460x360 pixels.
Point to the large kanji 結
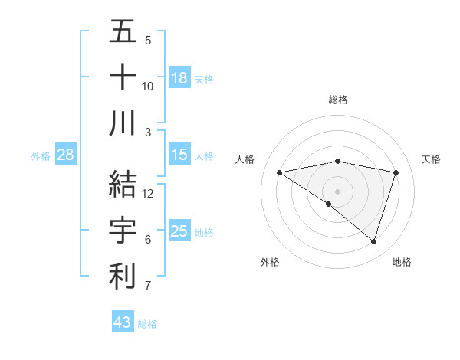click(x=123, y=185)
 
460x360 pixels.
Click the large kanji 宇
click(x=123, y=231)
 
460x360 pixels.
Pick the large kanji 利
click(x=123, y=277)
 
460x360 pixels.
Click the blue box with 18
click(x=179, y=78)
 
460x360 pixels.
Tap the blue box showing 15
click(x=179, y=155)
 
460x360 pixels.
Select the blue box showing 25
click(x=179, y=231)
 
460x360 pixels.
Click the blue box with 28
click(x=65, y=155)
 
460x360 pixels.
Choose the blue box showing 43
click(x=122, y=322)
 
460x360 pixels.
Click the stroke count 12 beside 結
click(x=149, y=194)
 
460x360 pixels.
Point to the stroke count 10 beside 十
click(x=148, y=87)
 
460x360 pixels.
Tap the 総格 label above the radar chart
click(x=338, y=100)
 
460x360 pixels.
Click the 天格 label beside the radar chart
click(x=431, y=159)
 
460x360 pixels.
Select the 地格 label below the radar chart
click(x=402, y=262)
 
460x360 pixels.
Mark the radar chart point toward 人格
click(x=279, y=172)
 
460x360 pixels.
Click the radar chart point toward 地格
click(x=373, y=241)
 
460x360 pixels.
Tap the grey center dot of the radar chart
click(x=337, y=190)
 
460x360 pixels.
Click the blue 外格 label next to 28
click(x=41, y=156)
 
